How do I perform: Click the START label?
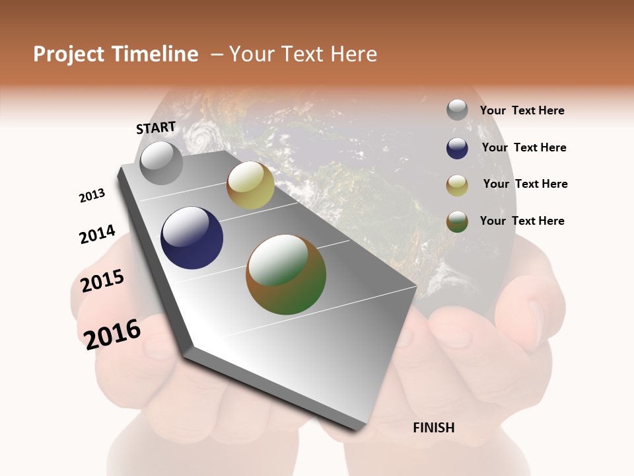pos(156,128)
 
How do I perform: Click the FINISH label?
pos(434,428)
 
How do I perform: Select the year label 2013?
pos(92,196)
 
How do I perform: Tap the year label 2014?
pos(97,235)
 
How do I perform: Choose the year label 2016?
pos(112,334)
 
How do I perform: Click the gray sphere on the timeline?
pos(162,163)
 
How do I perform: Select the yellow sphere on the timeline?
pos(250,185)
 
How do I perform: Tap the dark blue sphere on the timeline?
pos(192,238)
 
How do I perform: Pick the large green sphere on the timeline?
pos(286,274)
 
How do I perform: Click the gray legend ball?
pos(457,110)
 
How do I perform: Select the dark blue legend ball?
pos(457,148)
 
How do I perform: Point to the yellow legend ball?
pos(457,184)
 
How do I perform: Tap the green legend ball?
pos(457,221)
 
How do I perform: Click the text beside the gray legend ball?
pos(522,111)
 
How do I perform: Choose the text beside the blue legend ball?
pos(524,147)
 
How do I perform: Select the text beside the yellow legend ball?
pos(525,184)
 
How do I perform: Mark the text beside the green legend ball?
pos(522,221)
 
